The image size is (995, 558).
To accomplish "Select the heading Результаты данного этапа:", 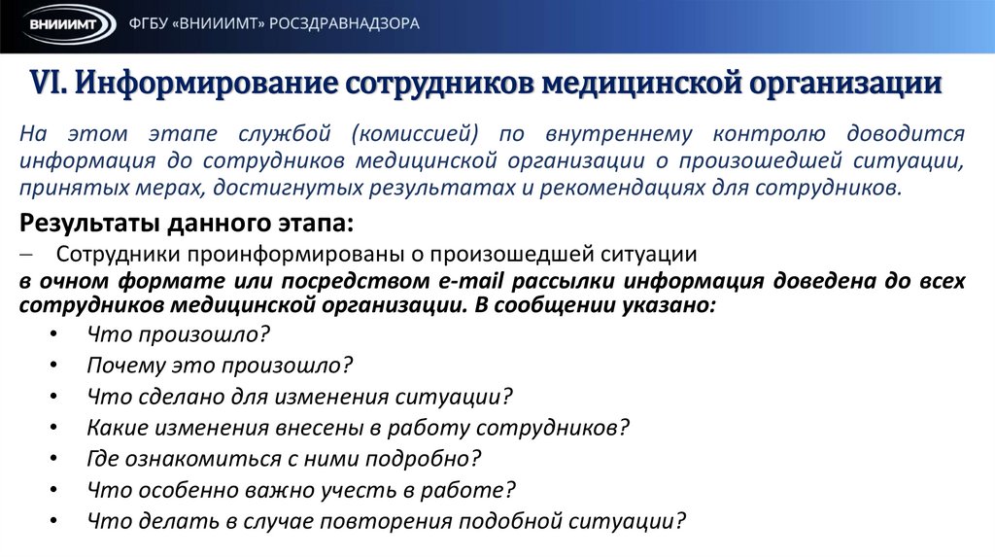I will (x=188, y=224).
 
